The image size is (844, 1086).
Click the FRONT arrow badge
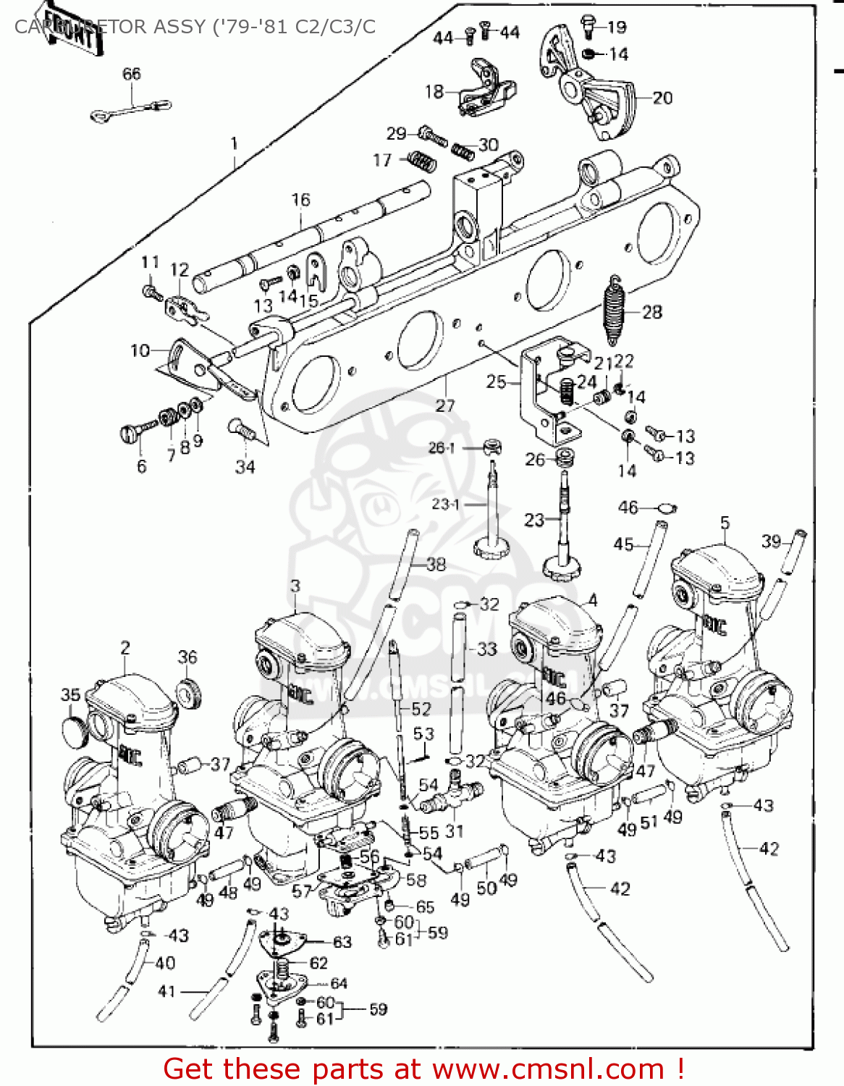pyautogui.click(x=69, y=28)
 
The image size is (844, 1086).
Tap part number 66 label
pyautogui.click(x=132, y=74)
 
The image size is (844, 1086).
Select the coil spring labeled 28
pyautogui.click(x=614, y=311)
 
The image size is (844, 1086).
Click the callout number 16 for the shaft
pyautogui.click(x=300, y=200)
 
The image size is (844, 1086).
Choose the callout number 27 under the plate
pyautogui.click(x=444, y=405)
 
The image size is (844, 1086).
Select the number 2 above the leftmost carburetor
pyautogui.click(x=125, y=648)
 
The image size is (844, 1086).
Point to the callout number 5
pyautogui.click(x=725, y=523)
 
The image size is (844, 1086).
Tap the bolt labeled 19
pyautogui.click(x=588, y=26)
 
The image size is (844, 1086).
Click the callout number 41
pyautogui.click(x=166, y=991)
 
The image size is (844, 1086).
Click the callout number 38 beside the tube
pyautogui.click(x=436, y=564)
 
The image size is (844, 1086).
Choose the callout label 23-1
pyautogui.click(x=445, y=504)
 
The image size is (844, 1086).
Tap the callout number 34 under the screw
pyautogui.click(x=245, y=467)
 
